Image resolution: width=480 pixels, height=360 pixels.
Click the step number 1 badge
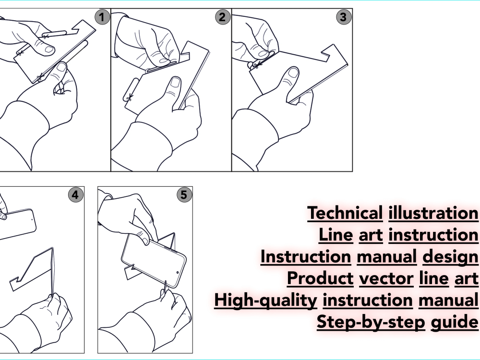point(101,18)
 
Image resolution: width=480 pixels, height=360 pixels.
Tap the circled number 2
point(222,18)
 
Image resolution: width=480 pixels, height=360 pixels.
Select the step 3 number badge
point(343,18)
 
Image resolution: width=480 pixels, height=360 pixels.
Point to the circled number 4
point(74,195)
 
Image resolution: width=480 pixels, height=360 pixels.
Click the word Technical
point(345,213)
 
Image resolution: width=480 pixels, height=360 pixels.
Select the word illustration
point(433,213)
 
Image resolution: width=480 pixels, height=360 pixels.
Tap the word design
point(450,257)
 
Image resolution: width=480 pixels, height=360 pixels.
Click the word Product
point(320,278)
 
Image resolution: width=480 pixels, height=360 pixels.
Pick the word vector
point(386,278)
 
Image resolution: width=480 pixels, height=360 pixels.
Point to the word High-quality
point(265,300)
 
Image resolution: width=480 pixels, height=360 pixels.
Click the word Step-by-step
point(371,322)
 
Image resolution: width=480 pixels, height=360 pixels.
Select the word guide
point(454,322)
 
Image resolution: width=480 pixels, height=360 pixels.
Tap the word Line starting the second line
point(336,235)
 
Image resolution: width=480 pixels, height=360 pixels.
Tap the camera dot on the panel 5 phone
point(178,272)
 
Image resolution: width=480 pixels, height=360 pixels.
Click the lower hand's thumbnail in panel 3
point(292,74)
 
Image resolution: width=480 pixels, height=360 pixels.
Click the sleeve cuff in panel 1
point(29,120)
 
